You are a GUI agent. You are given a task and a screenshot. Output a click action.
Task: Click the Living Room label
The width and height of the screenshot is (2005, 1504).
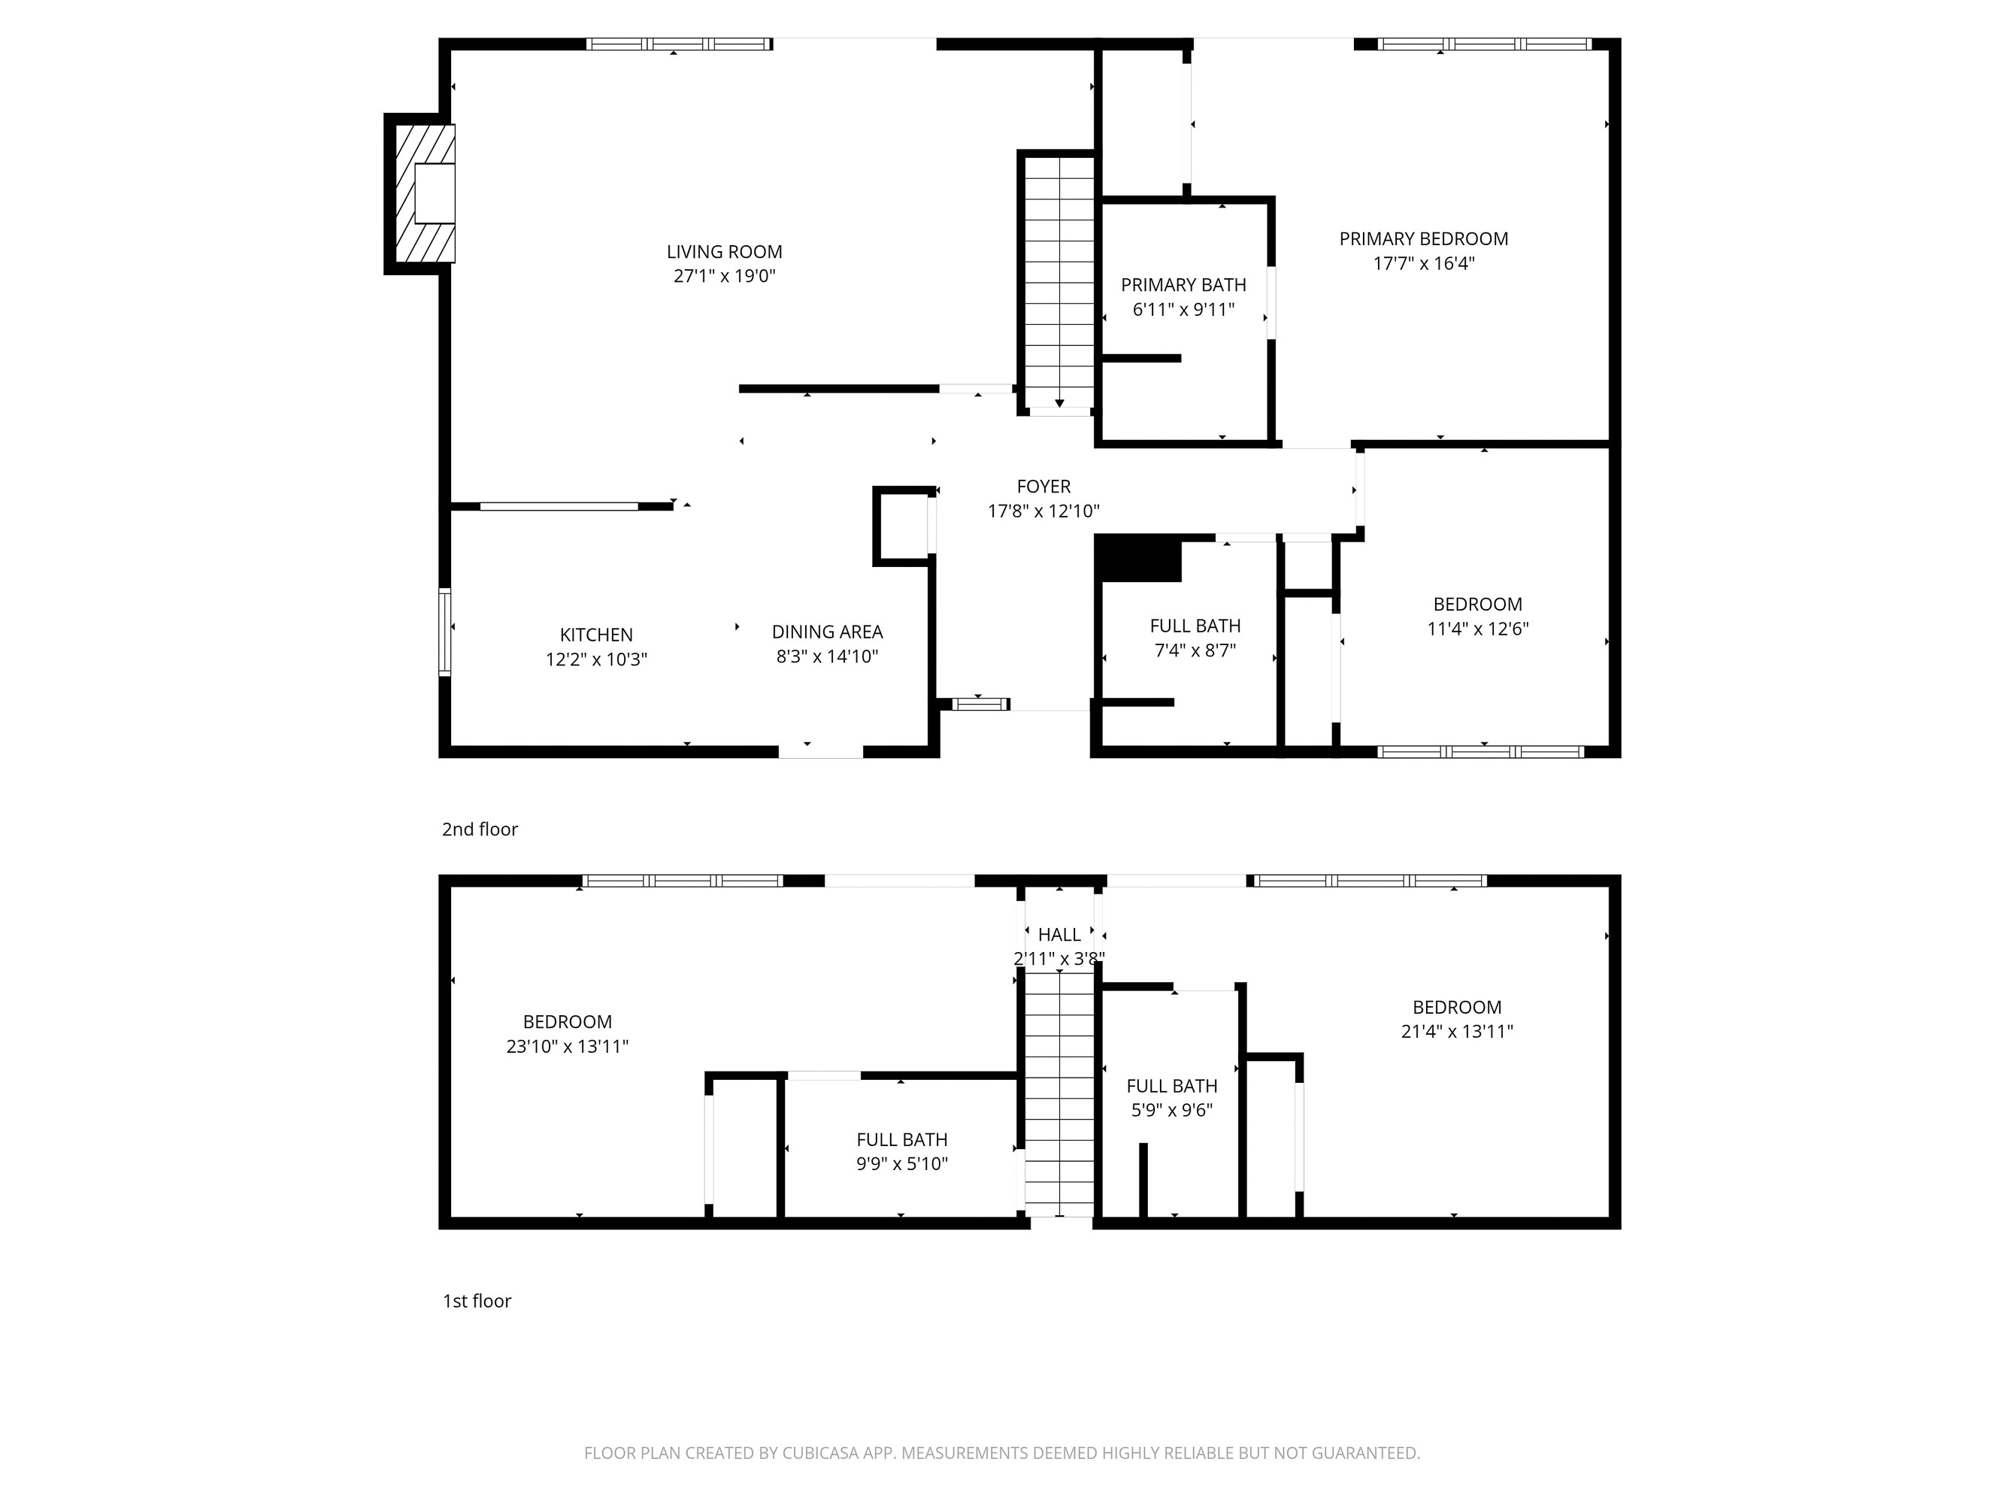click(724, 252)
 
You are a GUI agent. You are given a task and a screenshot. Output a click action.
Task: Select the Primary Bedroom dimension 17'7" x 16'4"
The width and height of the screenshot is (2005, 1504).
click(1423, 264)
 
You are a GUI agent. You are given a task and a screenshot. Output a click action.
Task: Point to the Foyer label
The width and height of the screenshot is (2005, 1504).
click(1043, 487)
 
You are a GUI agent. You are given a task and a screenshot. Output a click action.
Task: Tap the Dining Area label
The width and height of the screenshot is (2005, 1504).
click(827, 632)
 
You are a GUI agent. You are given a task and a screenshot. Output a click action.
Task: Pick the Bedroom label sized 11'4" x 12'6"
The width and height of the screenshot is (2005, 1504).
click(1477, 605)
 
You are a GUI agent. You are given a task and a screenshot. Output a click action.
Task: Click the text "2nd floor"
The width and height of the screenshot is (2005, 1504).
click(480, 829)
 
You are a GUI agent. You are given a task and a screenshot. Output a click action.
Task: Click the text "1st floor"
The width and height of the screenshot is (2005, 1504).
click(477, 1301)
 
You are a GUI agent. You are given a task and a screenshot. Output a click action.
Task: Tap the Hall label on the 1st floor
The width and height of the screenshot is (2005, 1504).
click(1059, 935)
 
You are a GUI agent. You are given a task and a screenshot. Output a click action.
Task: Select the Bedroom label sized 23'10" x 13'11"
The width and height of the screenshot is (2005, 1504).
click(568, 1022)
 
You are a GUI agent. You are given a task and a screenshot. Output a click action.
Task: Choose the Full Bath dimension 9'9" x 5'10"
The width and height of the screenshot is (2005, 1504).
click(902, 1164)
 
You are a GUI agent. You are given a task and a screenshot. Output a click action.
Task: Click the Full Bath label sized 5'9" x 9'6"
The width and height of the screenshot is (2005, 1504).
click(1171, 1086)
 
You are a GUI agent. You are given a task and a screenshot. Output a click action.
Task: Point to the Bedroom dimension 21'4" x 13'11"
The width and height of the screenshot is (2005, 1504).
click(1457, 1032)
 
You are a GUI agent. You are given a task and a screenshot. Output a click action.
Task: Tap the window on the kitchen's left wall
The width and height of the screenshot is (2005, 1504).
click(444, 632)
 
